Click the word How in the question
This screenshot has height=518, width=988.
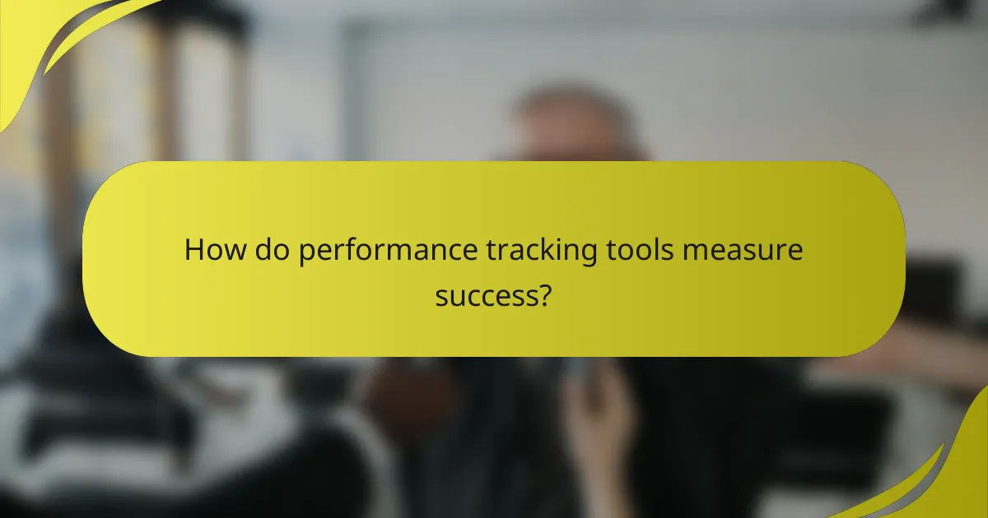coord(212,250)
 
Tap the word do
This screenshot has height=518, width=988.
coord(270,250)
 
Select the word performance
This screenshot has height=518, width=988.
coord(381,251)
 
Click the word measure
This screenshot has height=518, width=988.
coord(741,250)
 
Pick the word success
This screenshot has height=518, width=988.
coord(487,295)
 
